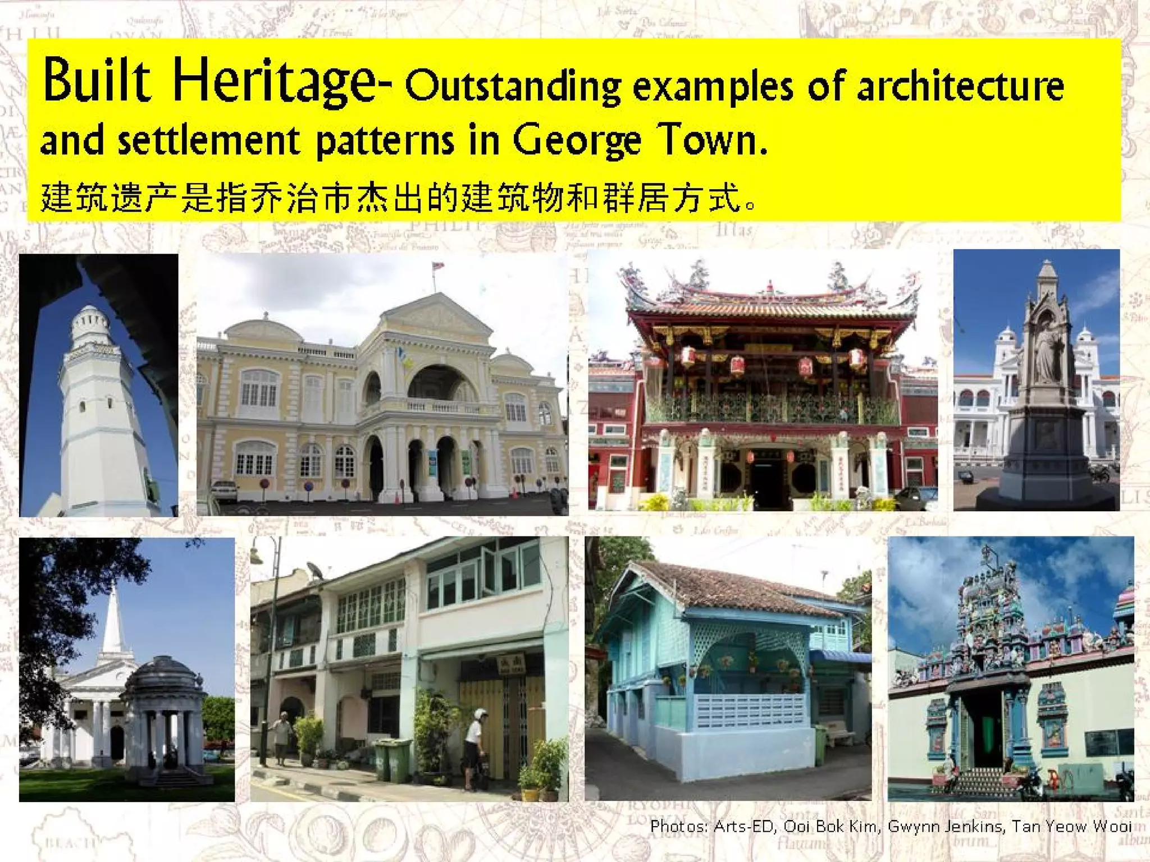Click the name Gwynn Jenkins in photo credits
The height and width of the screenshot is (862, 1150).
946,826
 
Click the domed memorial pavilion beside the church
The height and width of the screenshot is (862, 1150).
163,713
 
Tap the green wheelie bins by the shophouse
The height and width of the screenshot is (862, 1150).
393,760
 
